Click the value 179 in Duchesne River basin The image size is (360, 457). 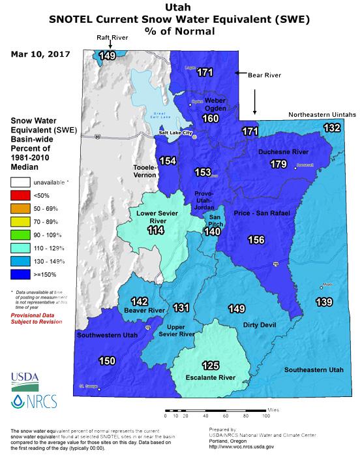click(278, 164)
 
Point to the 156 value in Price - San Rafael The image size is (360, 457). click(256, 240)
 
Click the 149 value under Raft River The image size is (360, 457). click(107, 56)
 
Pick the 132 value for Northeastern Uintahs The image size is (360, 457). click(331, 128)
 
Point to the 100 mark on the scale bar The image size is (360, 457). click(266, 416)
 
